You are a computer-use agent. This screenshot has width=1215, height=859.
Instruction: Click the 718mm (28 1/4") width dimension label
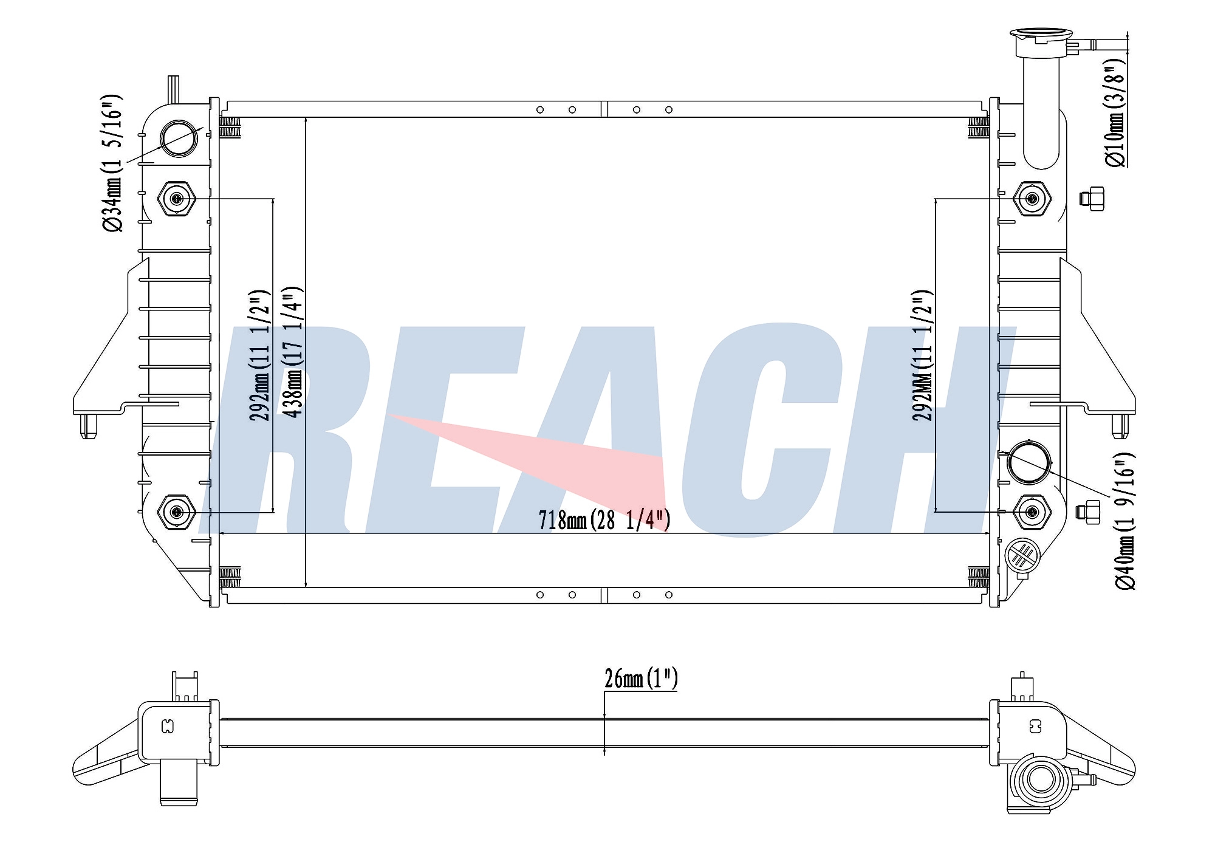pyautogui.click(x=604, y=520)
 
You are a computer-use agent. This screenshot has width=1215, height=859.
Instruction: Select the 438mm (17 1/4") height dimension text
pyautogui.click(x=293, y=352)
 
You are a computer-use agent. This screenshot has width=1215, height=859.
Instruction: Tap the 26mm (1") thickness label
pyautogui.click(x=641, y=679)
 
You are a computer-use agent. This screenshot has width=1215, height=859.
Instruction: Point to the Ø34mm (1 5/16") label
pyautogui.click(x=113, y=163)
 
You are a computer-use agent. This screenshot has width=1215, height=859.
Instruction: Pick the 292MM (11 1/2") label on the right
pyautogui.click(x=922, y=355)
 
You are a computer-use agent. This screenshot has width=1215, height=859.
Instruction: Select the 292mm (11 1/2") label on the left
pyautogui.click(x=259, y=355)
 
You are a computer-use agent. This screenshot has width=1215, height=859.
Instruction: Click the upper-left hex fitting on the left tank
pyautogui.click(x=177, y=199)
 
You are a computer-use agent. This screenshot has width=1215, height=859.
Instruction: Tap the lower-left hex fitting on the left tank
pyautogui.click(x=177, y=512)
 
